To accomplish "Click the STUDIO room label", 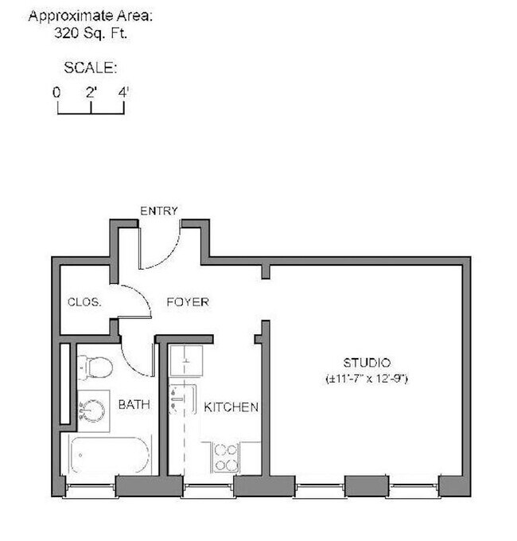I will click(367, 364).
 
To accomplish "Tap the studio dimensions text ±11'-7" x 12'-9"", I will click(367, 379).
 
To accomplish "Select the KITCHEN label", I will click(231, 407).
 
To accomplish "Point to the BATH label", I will click(134, 405).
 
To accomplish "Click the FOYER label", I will click(187, 302).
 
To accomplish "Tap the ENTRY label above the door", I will click(159, 211).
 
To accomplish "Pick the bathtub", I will click(110, 456).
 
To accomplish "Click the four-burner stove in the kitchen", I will click(225, 457).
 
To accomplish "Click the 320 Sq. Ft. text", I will click(91, 33).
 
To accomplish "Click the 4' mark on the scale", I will click(123, 91).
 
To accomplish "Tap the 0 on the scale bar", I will click(57, 91).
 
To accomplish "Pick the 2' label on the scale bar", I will click(91, 91).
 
